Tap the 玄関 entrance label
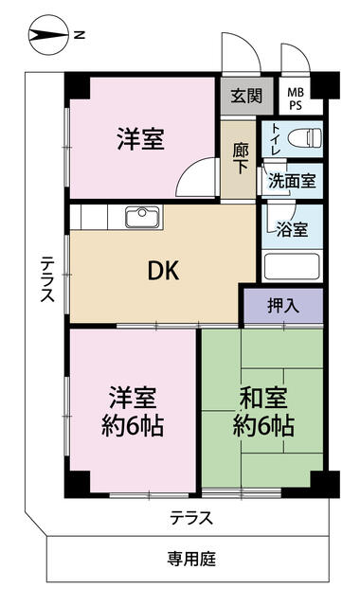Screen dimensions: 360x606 click(x=246, y=95)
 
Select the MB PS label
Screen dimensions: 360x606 click(x=296, y=98)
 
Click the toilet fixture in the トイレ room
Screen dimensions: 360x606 click(x=305, y=138)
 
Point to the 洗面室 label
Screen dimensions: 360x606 click(x=293, y=180)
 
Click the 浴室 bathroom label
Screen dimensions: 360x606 click(x=293, y=229)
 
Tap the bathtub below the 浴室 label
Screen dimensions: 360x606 click(x=292, y=266)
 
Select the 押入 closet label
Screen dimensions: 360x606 click(x=283, y=306)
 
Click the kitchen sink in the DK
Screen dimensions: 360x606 click(x=142, y=217)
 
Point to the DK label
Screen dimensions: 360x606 click(x=164, y=271)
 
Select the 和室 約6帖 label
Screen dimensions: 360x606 click(x=263, y=412)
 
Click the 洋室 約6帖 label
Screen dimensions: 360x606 click(x=133, y=412)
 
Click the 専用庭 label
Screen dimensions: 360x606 click(x=191, y=559)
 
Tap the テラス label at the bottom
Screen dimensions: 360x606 click(x=191, y=518)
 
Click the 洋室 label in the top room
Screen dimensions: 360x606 click(x=141, y=139)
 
